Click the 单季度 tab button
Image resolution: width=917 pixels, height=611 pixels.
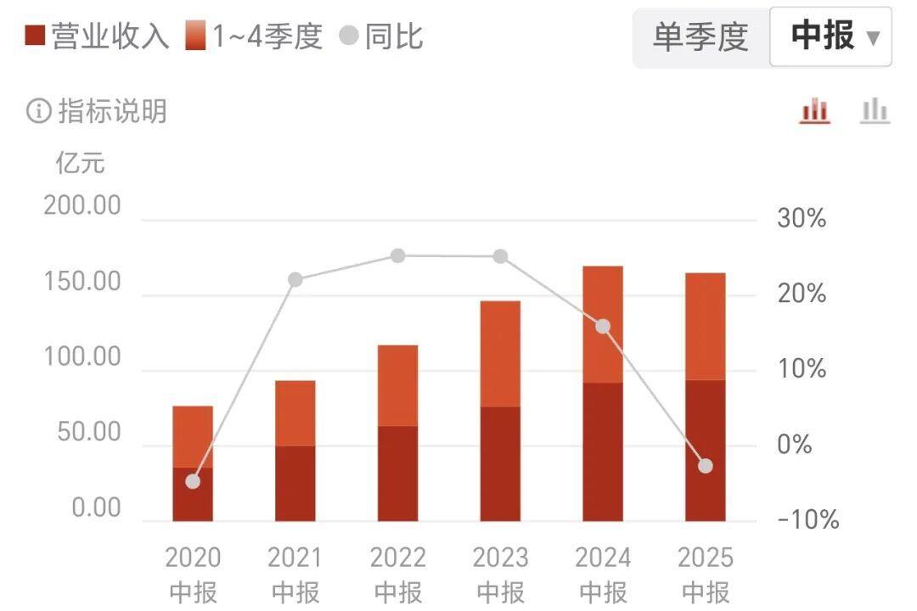click(x=700, y=37)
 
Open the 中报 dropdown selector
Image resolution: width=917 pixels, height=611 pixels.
click(x=830, y=37)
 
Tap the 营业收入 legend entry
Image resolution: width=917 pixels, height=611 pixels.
click(x=98, y=36)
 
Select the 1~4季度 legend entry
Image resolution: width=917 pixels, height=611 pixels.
click(x=255, y=36)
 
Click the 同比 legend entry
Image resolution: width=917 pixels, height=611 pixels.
click(x=381, y=36)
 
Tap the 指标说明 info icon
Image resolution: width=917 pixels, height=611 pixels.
click(x=39, y=111)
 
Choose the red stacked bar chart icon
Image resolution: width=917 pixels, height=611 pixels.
click(x=815, y=110)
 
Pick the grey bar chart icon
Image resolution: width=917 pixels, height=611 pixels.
click(x=875, y=110)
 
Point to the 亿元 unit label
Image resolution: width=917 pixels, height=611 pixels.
click(x=81, y=162)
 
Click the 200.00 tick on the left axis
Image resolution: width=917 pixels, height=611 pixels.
click(x=82, y=206)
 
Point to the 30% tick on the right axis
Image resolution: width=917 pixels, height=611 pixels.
click(x=802, y=218)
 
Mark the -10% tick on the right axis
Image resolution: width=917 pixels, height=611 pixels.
click(x=807, y=519)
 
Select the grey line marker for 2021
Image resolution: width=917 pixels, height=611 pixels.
click(x=295, y=280)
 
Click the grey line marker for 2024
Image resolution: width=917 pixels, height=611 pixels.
click(x=603, y=327)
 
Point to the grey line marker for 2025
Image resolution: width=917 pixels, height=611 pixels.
click(x=706, y=466)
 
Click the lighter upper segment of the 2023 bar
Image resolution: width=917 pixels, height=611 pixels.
click(x=500, y=354)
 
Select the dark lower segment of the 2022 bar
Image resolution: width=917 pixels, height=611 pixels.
click(x=397, y=474)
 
